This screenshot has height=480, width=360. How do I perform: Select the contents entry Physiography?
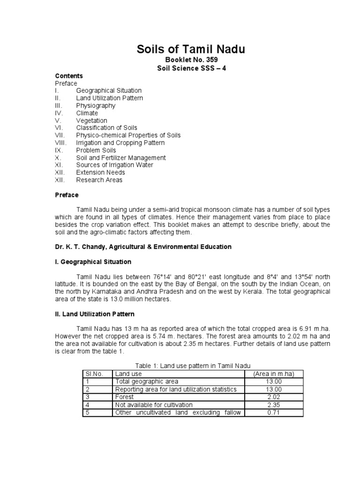coord(96,105)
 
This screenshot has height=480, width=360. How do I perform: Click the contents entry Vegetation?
coord(91,120)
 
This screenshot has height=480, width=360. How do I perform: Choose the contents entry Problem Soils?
coord(96,150)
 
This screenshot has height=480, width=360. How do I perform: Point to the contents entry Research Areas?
coord(99,180)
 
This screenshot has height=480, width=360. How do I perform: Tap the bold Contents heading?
coord(69,76)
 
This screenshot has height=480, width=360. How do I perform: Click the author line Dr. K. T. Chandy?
coord(143,247)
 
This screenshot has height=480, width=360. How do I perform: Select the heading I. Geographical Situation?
coord(93,262)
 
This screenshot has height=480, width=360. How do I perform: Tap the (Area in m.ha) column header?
coord(273,374)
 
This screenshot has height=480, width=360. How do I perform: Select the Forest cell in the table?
coord(124,397)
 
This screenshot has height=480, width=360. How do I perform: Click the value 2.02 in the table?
coord(273,397)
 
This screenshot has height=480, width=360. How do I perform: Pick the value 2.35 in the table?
coord(273,405)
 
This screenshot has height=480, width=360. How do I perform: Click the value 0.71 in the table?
coord(273,412)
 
